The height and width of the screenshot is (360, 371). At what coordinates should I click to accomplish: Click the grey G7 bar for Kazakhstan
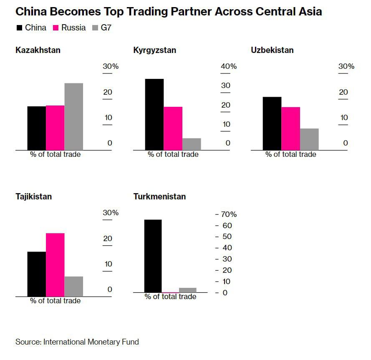pyautogui.click(x=73, y=116)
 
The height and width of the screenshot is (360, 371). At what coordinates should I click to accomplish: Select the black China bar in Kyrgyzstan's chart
pyautogui.click(x=154, y=114)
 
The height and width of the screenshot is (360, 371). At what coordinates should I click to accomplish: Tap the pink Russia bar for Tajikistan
pyautogui.click(x=55, y=264)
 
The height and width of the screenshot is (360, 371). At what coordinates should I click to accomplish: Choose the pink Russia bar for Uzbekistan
pyautogui.click(x=290, y=128)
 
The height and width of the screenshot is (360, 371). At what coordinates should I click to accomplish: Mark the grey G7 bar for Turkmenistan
pyautogui.click(x=187, y=290)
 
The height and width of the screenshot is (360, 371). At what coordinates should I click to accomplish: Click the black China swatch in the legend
pyautogui.click(x=19, y=28)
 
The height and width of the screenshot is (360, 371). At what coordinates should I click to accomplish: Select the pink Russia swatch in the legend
pyautogui.click(x=56, y=28)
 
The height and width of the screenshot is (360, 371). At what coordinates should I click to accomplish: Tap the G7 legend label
pyautogui.click(x=106, y=28)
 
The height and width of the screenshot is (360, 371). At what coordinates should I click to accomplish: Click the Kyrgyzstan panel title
pyautogui.click(x=154, y=50)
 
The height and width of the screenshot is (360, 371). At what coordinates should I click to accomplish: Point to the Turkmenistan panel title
pyautogui.click(x=159, y=196)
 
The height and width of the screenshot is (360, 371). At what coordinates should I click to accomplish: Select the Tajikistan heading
pyautogui.click(x=33, y=196)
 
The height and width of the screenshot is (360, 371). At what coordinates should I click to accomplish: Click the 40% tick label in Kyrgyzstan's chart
pyautogui.click(x=229, y=66)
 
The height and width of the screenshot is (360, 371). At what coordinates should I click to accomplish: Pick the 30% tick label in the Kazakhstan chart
pyautogui.click(x=111, y=66)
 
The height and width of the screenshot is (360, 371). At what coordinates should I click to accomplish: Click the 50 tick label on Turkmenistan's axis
pyautogui.click(x=227, y=237)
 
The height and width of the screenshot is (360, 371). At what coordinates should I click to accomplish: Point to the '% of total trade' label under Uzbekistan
pyautogui.click(x=291, y=154)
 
